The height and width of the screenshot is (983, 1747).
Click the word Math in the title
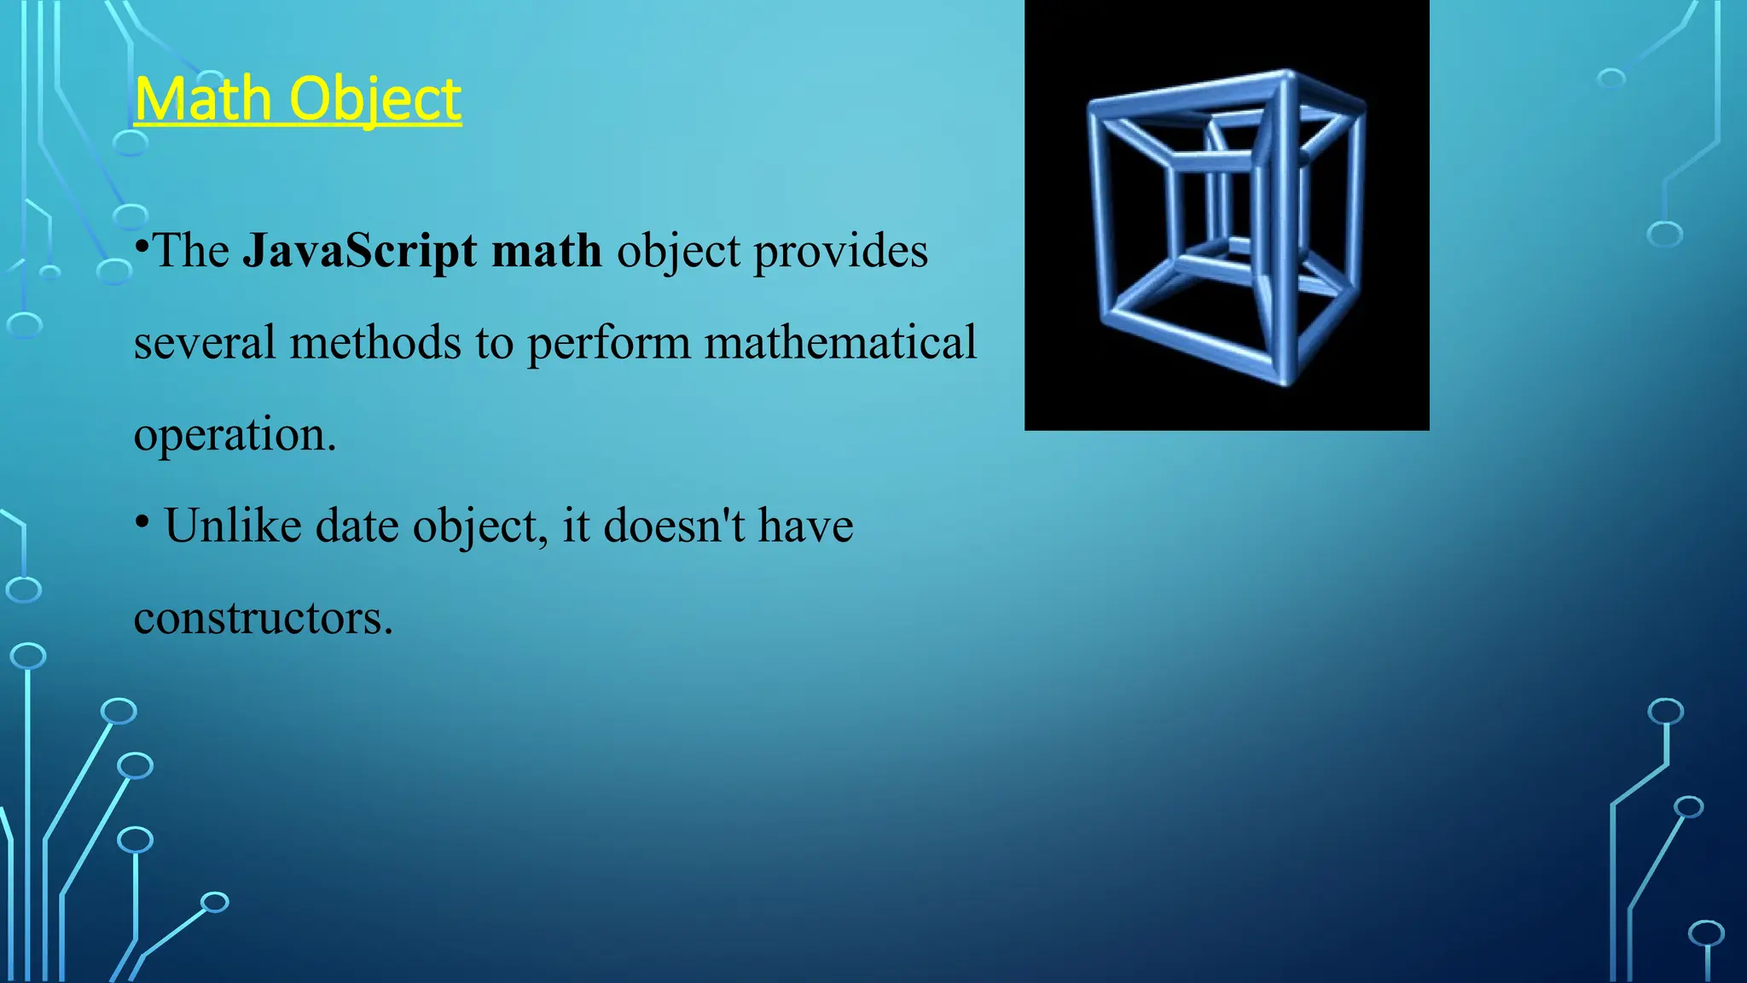point(203,99)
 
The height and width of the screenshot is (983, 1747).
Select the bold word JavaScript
point(360,252)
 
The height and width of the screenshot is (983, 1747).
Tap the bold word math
point(547,252)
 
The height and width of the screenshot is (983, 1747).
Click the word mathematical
point(840,343)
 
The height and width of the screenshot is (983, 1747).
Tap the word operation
point(235,436)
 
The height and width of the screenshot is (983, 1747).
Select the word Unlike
point(233,526)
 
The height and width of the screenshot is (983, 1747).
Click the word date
point(357,526)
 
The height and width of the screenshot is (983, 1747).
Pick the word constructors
point(263,618)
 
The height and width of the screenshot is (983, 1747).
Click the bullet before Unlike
point(142,521)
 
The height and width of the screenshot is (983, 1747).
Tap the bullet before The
point(142,247)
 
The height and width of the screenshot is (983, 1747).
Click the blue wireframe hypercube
point(1226,226)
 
